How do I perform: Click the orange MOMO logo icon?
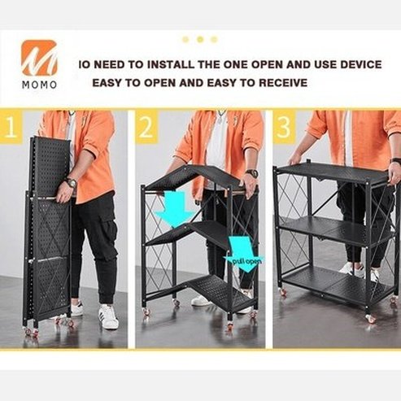[x=39, y=58]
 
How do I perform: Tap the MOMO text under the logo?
[x=39, y=85]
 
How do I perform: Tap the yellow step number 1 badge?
[x=11, y=129]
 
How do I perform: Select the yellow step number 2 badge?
[x=146, y=129]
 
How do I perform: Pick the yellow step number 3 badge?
[x=284, y=129]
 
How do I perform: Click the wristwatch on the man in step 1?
[x=71, y=183]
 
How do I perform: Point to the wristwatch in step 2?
[x=252, y=173]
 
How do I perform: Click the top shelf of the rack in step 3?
[x=333, y=172]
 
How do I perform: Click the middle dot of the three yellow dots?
[x=199, y=39]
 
